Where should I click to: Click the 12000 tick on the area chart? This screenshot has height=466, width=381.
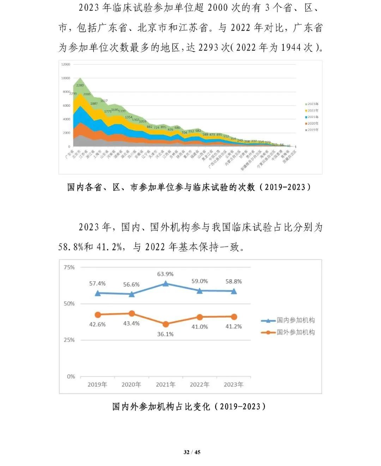point(66,64)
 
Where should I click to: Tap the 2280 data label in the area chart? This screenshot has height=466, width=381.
point(80,85)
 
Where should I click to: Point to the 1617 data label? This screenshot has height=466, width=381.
point(104,101)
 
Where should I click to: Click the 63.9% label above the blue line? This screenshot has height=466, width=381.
point(165,274)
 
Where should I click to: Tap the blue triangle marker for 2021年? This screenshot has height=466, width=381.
point(165,284)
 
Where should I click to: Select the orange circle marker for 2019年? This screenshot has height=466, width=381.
point(98,315)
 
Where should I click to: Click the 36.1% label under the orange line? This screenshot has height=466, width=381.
point(165,334)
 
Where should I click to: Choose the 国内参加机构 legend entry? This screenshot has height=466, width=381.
point(289,320)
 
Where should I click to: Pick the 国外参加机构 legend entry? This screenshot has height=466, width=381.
point(289,332)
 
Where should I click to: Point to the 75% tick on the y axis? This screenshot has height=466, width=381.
point(69,267)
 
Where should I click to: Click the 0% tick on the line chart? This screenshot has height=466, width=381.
point(71,377)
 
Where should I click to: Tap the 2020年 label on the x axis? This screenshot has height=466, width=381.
point(131,385)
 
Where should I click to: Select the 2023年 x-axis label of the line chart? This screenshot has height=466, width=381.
point(234,385)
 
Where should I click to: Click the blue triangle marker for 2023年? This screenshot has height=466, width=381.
point(234,291)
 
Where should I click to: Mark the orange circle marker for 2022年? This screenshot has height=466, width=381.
point(200,317)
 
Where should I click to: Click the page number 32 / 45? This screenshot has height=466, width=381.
point(192,452)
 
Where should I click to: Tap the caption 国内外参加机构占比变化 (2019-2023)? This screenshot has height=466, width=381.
point(189,407)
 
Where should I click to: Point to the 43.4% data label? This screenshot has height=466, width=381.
point(131,323)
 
